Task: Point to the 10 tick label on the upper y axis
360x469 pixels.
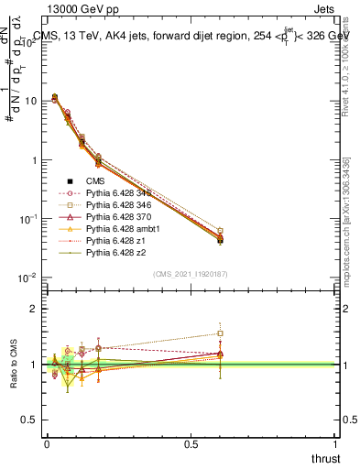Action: tap(30, 101)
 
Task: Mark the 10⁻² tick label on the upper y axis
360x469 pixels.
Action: tap(27, 278)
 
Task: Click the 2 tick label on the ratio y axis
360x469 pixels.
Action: tap(35, 309)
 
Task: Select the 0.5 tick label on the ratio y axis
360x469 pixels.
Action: tap(30, 420)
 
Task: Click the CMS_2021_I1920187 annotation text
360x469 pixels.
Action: tap(190, 273)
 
